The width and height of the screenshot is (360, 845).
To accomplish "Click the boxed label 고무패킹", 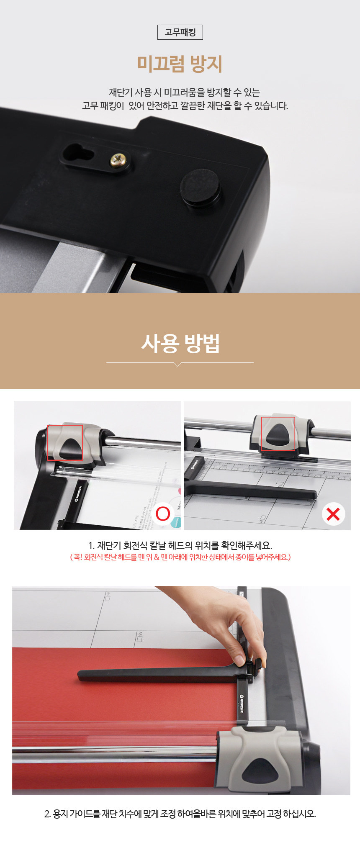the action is pyautogui.click(x=180, y=32).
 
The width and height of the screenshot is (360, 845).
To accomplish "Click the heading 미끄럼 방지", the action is pyautogui.click(x=180, y=64).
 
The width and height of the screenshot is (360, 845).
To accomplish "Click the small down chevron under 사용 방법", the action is pyautogui.click(x=178, y=365).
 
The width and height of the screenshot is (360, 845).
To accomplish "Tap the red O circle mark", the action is pyautogui.click(x=163, y=513).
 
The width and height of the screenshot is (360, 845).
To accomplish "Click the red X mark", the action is pyautogui.click(x=333, y=514).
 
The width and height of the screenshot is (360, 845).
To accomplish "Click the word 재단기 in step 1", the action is pyautogui.click(x=109, y=545).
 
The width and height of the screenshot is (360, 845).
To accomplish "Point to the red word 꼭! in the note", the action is pyautogui.click(x=78, y=557).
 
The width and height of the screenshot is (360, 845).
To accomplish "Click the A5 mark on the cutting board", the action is pyautogui.click(x=139, y=637).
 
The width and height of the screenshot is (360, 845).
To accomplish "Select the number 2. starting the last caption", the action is pyautogui.click(x=48, y=814).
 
